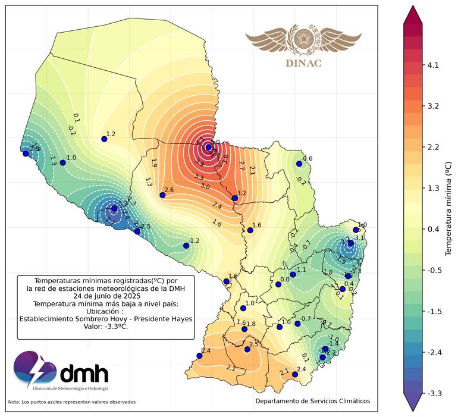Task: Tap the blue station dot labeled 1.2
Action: coord(104,139)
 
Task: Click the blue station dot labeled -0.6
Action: coord(299,164)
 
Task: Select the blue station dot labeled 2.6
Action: coord(162,195)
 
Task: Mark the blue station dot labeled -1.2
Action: coord(186,245)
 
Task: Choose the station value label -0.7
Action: coord(306,319)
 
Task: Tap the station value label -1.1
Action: coord(301,269)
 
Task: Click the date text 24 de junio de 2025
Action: coord(106,295)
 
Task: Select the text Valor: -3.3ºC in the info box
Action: coord(106,326)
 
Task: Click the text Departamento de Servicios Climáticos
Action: coord(312,401)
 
